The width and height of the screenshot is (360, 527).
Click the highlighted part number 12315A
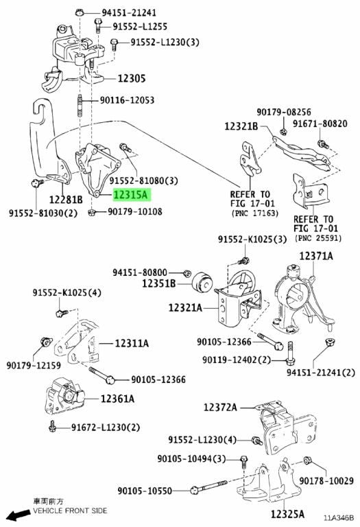(132, 195)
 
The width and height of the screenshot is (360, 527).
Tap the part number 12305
(131, 79)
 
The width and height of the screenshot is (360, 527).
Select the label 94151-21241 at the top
(129, 13)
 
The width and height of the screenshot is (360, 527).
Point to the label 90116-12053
(127, 100)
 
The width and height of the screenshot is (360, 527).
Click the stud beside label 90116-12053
(80, 106)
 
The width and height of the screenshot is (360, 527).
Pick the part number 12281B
(66, 200)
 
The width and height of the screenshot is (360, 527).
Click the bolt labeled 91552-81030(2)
(36, 183)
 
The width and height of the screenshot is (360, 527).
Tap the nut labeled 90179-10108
(92, 212)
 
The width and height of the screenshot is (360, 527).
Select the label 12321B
(241, 126)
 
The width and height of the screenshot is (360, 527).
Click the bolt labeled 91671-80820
(323, 145)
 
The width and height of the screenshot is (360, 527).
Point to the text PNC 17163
(255, 213)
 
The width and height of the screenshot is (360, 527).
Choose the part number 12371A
(316, 257)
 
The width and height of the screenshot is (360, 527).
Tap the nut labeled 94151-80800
(187, 273)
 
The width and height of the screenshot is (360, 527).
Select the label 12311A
(132, 344)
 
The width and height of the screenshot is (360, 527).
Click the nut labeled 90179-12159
(46, 342)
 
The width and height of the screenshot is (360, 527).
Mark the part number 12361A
(117, 399)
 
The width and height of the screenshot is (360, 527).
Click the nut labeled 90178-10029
(307, 460)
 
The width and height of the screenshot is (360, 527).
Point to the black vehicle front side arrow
(19, 515)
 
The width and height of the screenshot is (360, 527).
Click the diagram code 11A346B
(339, 517)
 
